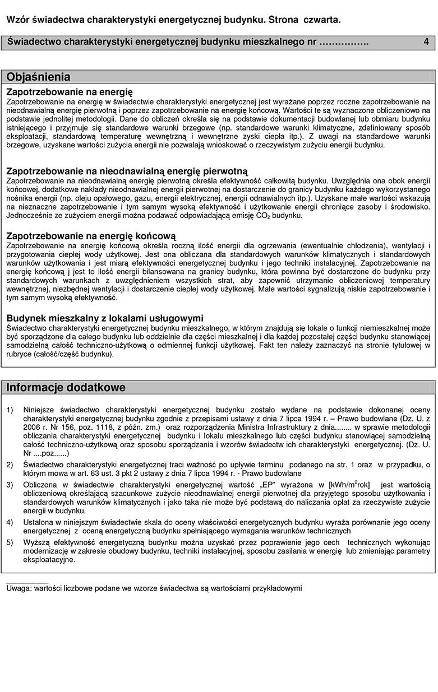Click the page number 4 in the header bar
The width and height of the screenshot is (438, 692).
pos(426,42)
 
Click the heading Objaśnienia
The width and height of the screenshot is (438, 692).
pos(39,77)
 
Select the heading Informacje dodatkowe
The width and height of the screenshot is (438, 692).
pos(66,387)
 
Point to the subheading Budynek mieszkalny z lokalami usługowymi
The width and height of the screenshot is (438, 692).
pos(105,318)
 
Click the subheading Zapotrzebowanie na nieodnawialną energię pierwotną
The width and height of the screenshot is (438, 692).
pos(126,171)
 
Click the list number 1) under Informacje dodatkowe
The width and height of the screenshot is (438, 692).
pos(10,410)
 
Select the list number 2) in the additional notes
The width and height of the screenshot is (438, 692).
pos(10,465)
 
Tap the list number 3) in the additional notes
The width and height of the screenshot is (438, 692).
pos(10,484)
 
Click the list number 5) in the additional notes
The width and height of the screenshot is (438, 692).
pos(10,542)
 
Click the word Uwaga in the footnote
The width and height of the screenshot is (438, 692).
pos(19,588)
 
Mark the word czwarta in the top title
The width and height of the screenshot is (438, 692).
pos(321,20)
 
